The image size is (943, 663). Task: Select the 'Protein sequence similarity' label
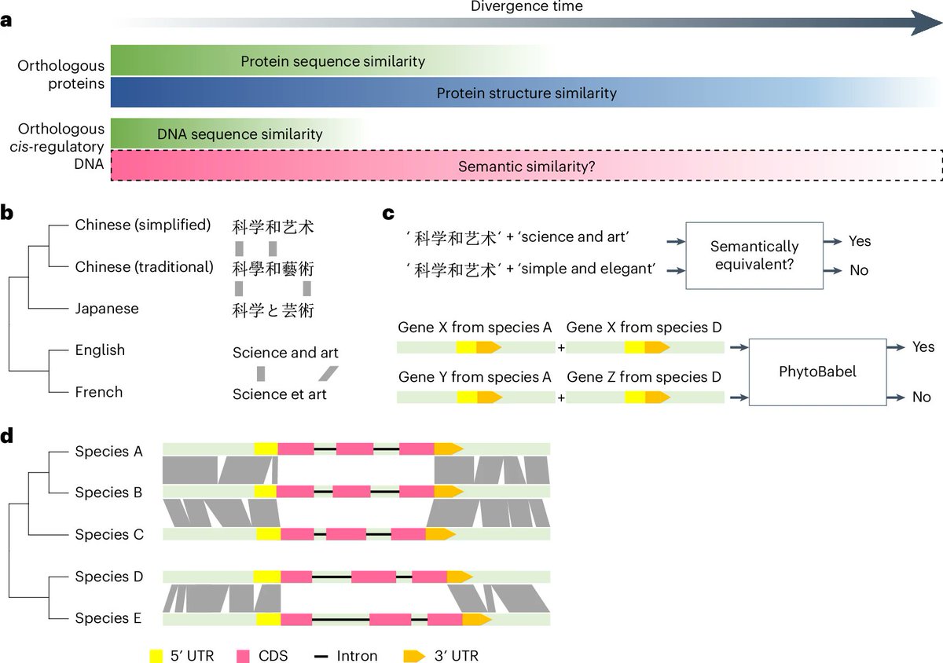332,61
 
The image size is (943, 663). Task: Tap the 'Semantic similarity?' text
527,167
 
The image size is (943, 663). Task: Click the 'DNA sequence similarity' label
240,134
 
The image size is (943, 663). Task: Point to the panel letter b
7,213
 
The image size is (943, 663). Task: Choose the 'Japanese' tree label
107,309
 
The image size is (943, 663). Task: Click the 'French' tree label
99,392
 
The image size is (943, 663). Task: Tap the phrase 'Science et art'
280,394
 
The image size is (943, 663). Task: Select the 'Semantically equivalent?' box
754,255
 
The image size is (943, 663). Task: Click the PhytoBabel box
817,372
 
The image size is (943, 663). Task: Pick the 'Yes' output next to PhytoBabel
923,347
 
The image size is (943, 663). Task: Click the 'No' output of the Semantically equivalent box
859,270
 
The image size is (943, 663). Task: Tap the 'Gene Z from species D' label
644,377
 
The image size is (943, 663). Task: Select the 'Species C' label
109,535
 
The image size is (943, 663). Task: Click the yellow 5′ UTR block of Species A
266,449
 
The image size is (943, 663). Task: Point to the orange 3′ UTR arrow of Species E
476,619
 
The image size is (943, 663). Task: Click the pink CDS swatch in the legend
243,656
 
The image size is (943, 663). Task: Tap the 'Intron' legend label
357,656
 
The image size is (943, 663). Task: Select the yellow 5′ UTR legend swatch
156,656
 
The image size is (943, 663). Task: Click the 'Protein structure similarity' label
527,93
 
